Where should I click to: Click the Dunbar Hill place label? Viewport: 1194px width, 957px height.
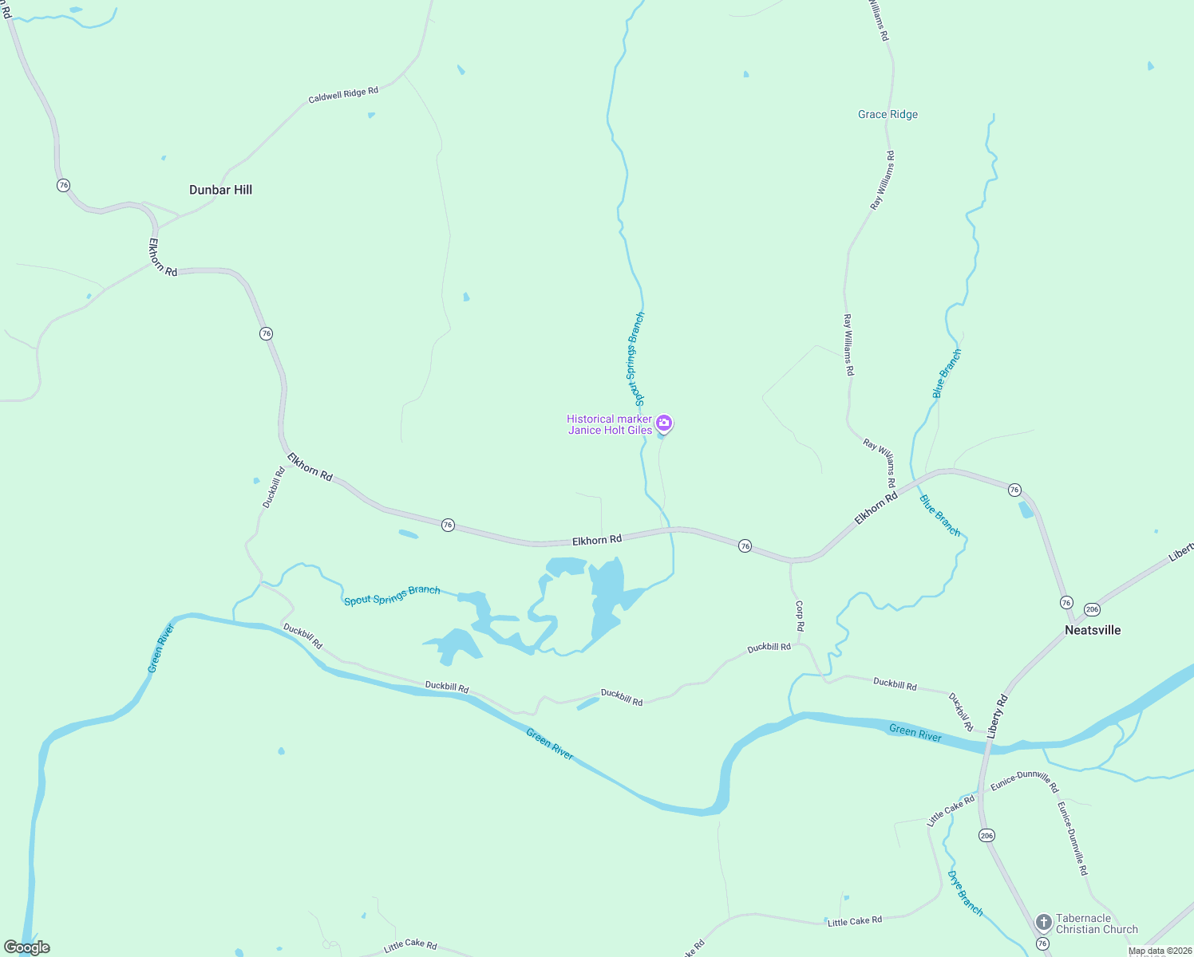coord(220,190)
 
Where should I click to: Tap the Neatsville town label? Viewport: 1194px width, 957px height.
coord(1093,630)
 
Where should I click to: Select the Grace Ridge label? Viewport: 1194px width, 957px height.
coord(888,115)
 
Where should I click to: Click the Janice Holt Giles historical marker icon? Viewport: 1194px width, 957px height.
coord(663,423)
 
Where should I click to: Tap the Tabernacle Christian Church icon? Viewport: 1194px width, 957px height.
coord(1043,923)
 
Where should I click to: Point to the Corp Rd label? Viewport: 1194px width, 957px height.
coord(800,615)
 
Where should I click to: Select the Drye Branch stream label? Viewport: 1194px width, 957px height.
coord(965,893)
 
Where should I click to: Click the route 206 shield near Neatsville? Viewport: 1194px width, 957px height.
coord(1093,609)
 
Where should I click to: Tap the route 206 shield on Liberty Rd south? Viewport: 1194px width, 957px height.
coord(986,835)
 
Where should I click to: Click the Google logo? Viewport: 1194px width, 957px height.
coord(27,947)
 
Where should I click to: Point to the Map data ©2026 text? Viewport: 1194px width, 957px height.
coord(1160,951)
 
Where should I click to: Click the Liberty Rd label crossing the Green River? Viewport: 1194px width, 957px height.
coord(998,716)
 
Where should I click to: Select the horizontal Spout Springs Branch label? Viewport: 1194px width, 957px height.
coord(392,595)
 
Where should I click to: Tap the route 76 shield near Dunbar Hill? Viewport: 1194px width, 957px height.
coord(64,185)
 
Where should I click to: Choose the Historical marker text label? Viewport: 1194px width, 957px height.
coord(609,419)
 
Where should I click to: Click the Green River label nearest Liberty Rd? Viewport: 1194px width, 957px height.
coord(915,732)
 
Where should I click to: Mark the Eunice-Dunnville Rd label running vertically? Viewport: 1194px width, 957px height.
coord(1073,838)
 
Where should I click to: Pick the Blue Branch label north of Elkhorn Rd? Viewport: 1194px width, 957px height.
coord(947,373)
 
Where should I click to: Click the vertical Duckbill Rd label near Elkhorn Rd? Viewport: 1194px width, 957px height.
coord(274,487)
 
